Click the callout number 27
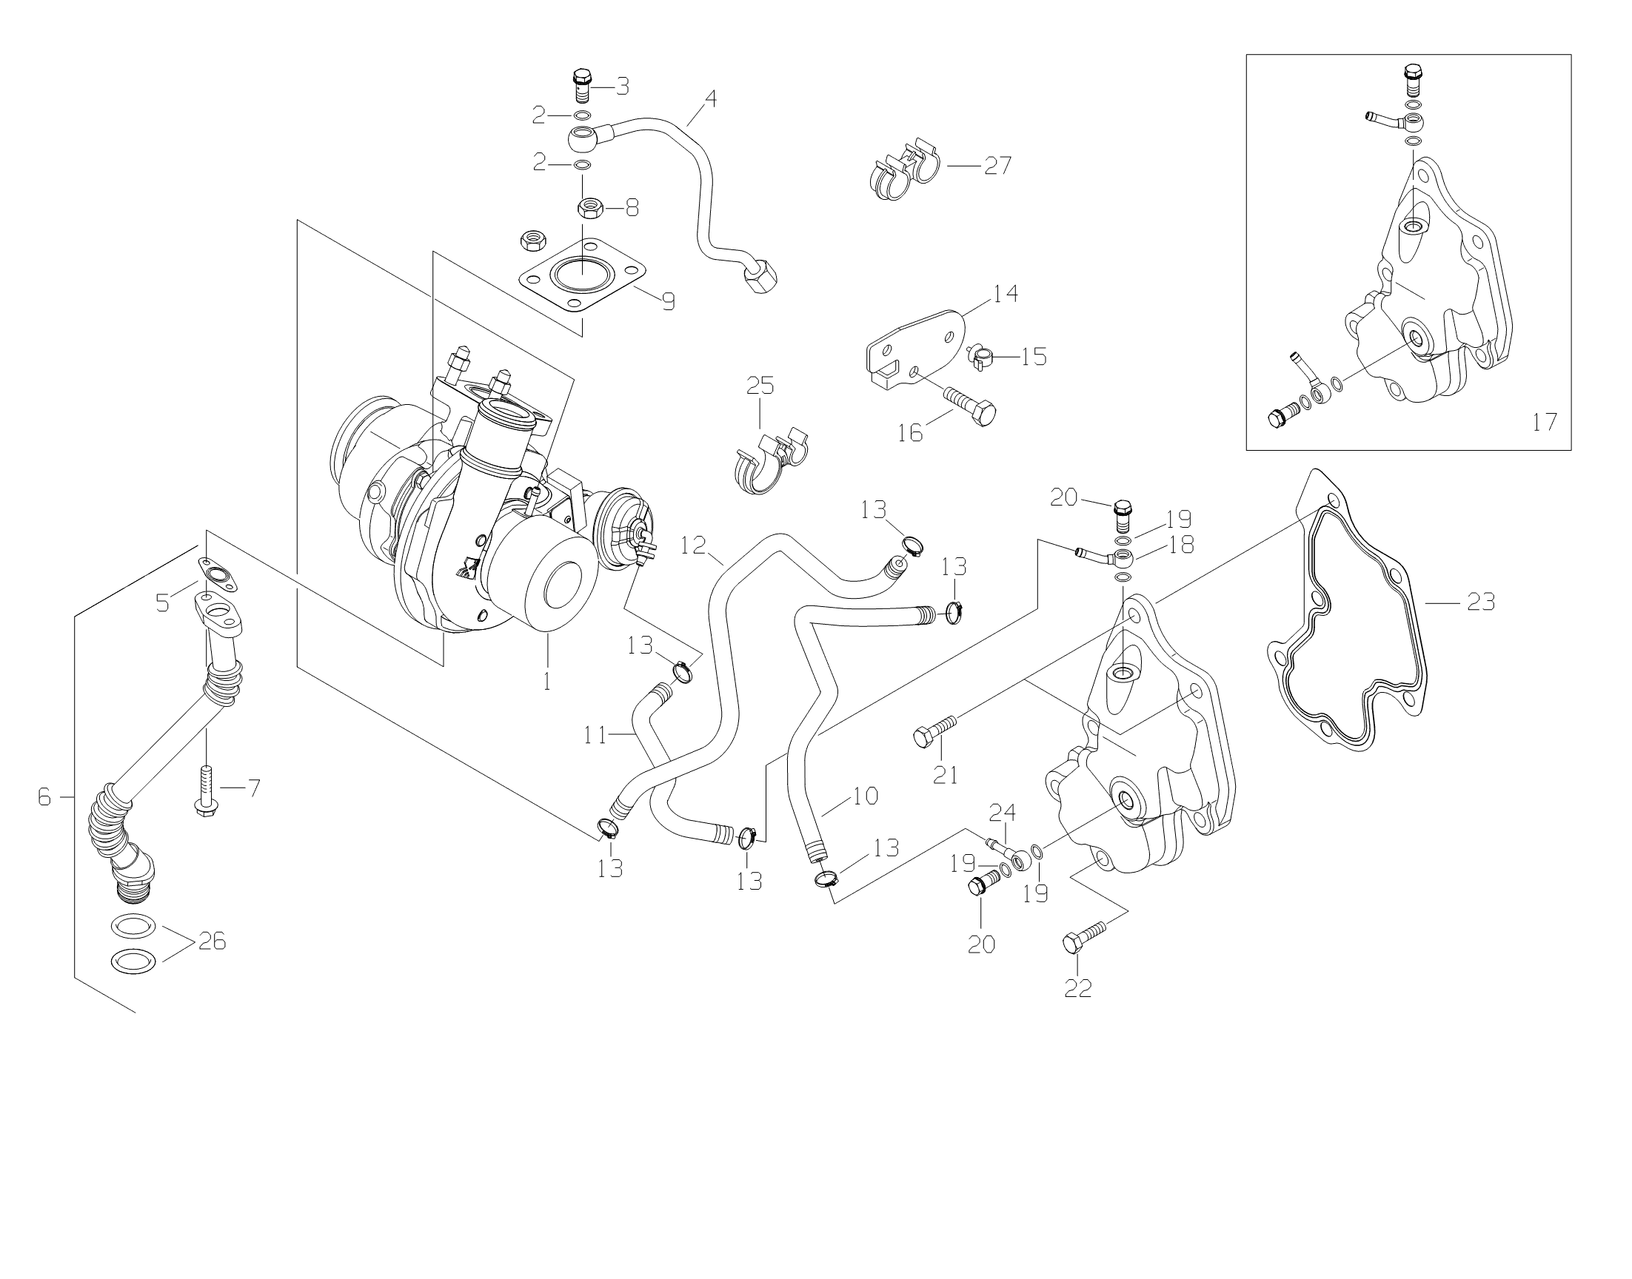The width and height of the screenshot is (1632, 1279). (997, 166)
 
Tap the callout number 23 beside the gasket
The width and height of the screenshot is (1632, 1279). (1482, 601)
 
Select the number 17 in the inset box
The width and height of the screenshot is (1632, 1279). (1545, 423)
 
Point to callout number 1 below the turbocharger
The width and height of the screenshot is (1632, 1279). (546, 682)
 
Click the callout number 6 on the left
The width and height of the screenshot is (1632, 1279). (45, 797)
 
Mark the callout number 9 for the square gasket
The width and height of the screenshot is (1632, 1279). (668, 302)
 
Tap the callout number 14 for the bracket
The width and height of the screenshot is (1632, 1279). (1006, 294)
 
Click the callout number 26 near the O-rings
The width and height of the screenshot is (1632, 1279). (212, 941)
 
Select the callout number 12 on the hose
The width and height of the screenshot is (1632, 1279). (694, 545)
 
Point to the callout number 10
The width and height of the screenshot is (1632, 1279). (866, 795)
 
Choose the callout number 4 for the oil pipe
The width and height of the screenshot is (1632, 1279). (710, 98)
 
